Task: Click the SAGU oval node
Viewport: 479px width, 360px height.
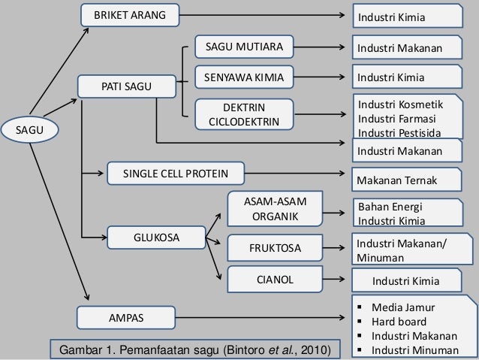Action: point(29,130)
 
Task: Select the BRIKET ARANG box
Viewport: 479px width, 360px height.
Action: point(130,15)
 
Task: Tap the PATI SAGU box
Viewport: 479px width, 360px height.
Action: point(126,86)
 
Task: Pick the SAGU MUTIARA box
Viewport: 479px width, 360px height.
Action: point(244,47)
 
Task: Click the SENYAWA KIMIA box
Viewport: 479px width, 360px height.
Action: point(244,77)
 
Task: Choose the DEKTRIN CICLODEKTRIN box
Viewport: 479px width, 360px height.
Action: point(244,114)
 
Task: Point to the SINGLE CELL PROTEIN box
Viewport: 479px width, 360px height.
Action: point(176,174)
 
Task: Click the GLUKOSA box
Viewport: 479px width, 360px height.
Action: point(156,237)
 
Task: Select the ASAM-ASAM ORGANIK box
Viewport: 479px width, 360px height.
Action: point(275,209)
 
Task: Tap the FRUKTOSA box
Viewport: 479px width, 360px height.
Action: point(275,248)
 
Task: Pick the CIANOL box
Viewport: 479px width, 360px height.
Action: point(275,280)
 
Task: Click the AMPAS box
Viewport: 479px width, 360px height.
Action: point(126,318)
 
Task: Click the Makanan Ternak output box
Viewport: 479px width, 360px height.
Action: point(407,180)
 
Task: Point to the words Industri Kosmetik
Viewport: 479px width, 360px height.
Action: point(400,104)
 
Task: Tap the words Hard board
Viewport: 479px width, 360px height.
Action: point(399,322)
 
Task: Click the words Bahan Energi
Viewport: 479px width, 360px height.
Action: point(390,207)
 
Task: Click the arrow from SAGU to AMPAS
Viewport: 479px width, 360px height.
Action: point(59,222)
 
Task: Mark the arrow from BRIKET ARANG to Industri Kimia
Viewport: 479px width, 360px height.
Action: point(262,15)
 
